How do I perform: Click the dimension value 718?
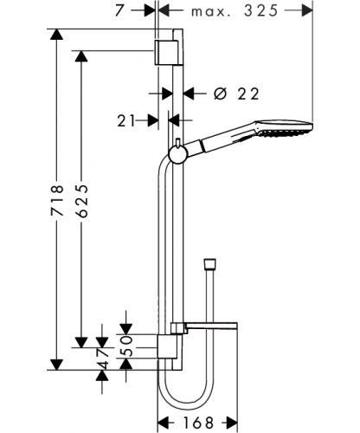[x=57, y=201]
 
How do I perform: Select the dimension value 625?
[x=81, y=201]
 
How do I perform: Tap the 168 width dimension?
[x=198, y=423]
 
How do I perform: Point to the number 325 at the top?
[x=261, y=11]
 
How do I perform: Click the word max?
[x=211, y=12]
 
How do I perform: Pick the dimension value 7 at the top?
[x=120, y=11]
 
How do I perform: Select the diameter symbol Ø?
[x=221, y=94]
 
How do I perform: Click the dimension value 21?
[x=126, y=120]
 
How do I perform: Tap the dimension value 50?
[x=126, y=346]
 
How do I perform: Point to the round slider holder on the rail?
[x=177, y=154]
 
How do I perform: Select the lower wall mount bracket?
[x=167, y=347]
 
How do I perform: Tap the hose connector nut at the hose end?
[x=209, y=263]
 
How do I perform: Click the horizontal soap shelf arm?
[x=211, y=326]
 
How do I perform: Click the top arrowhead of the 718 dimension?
[x=56, y=34]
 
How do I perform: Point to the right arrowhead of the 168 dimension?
[x=232, y=423]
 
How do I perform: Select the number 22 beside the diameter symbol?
[x=248, y=94]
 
